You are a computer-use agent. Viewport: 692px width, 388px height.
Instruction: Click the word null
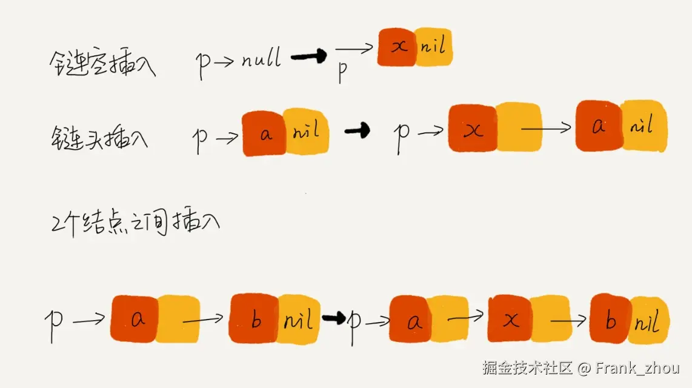click(x=261, y=59)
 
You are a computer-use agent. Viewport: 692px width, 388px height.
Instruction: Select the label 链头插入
click(x=100, y=137)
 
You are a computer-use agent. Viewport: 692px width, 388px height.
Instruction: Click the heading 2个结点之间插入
click(x=135, y=222)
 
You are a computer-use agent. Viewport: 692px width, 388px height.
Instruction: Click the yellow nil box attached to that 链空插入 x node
click(x=434, y=47)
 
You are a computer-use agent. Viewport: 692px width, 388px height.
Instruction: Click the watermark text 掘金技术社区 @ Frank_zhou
click(x=581, y=367)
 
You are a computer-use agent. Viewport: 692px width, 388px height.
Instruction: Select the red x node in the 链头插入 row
click(x=473, y=129)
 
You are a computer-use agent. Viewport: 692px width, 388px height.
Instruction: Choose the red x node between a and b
click(x=509, y=319)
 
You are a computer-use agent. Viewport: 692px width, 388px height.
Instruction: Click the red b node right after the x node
click(x=610, y=319)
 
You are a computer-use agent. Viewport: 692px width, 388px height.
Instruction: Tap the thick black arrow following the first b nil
click(x=333, y=318)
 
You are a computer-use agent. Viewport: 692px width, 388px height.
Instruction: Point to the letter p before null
click(x=203, y=64)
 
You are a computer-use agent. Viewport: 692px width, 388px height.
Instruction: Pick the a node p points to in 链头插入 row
click(x=265, y=134)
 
